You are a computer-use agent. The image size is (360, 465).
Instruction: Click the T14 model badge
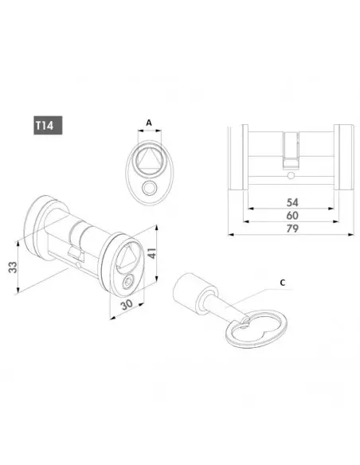pyautogui.click(x=48, y=125)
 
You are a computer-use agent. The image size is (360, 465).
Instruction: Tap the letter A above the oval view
pyautogui.click(x=149, y=122)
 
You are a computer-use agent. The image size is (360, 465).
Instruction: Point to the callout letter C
pyautogui.click(x=282, y=283)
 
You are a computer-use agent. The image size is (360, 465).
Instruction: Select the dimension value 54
pyautogui.click(x=292, y=202)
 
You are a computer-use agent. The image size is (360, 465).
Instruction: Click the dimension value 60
pyautogui.click(x=292, y=215)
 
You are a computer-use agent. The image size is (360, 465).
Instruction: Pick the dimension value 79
pyautogui.click(x=292, y=229)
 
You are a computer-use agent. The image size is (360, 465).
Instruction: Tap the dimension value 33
pyautogui.click(x=13, y=268)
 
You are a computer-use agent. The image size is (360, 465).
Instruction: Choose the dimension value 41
pyautogui.click(x=151, y=253)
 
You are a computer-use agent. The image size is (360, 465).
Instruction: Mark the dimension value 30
pyautogui.click(x=127, y=305)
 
